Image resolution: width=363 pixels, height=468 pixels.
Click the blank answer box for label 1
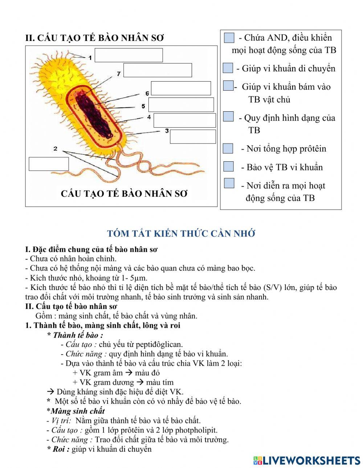click(x=129, y=55)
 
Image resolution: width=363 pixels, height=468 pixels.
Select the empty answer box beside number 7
click(x=158, y=70)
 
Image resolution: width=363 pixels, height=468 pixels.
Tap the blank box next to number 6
click(x=181, y=88)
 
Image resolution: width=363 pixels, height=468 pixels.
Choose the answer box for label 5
click(x=181, y=105)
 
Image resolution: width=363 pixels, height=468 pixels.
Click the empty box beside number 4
click(x=184, y=120)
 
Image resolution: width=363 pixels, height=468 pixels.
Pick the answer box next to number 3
click(x=193, y=137)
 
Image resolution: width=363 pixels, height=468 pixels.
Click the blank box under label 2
click(x=49, y=164)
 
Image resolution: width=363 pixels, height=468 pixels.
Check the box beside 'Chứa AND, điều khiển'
click(x=229, y=38)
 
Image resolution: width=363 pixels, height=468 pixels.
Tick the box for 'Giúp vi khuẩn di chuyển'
click(x=228, y=68)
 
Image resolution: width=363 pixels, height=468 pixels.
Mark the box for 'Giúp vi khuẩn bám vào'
click(x=228, y=86)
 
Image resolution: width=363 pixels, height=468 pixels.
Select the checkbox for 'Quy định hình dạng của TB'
click(x=228, y=117)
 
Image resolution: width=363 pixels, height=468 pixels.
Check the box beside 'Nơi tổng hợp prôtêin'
click(x=228, y=148)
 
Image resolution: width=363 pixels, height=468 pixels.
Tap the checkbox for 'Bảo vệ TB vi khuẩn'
click(x=228, y=166)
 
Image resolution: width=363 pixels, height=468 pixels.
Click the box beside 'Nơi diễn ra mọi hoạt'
click(x=229, y=183)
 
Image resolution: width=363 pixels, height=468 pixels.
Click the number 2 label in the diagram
click(x=55, y=149)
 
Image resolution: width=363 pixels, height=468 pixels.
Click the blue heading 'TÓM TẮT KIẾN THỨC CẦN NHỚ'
click(x=181, y=234)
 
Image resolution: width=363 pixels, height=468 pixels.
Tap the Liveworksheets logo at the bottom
click(x=307, y=460)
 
